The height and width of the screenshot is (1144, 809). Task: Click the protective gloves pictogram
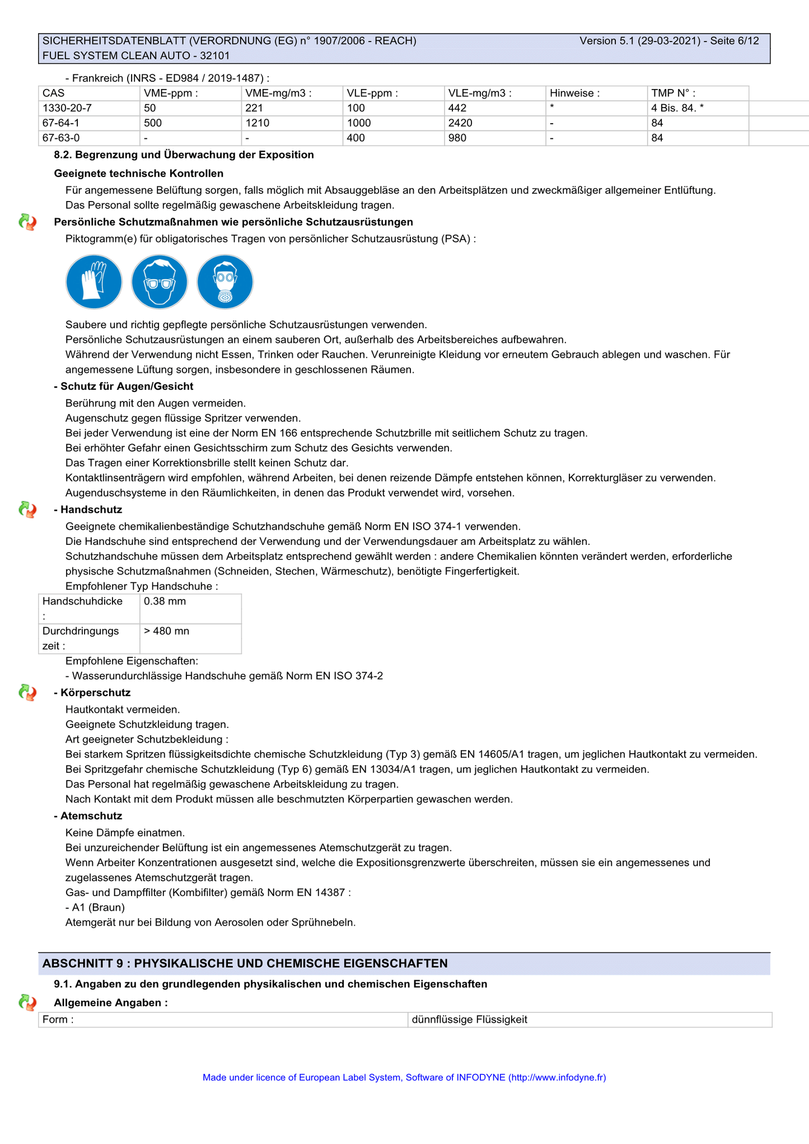[94, 282]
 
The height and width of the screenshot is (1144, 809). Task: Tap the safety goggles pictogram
[160, 282]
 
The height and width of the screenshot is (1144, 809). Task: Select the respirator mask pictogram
[225, 282]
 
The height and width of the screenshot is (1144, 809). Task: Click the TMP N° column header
[673, 94]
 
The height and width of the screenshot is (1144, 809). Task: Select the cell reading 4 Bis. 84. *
[677, 108]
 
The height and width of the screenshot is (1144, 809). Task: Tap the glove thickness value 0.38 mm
[165, 601]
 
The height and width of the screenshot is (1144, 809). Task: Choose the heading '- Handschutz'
[88, 510]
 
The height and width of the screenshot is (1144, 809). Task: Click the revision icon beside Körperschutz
[27, 693]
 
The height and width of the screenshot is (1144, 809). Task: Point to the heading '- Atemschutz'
[88, 816]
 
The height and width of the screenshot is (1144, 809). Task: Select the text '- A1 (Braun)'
[95, 907]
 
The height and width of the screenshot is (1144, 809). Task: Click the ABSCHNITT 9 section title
[245, 963]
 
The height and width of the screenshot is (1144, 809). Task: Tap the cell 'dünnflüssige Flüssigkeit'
[470, 1020]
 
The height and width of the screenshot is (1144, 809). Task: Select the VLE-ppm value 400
[356, 138]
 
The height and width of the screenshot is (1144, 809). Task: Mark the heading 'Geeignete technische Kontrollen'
[139, 174]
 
